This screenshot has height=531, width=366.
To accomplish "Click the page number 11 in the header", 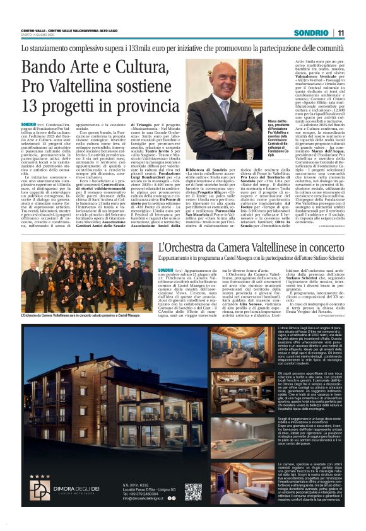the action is [341, 33].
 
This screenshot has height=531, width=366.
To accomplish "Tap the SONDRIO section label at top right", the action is [311, 33].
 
